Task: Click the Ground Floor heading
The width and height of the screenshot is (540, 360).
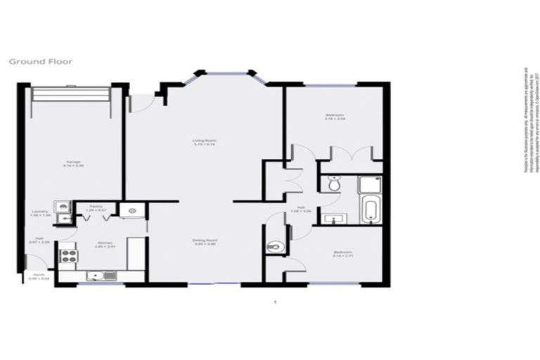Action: pyautogui.click(x=40, y=61)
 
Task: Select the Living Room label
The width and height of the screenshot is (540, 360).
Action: pyautogui.click(x=203, y=143)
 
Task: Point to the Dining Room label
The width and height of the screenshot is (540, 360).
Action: pyautogui.click(x=203, y=243)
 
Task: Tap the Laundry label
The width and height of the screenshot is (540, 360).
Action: pyautogui.click(x=39, y=213)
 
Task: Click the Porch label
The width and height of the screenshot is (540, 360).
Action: pyautogui.click(x=34, y=277)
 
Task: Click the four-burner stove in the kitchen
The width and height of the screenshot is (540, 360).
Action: pyautogui.click(x=68, y=256)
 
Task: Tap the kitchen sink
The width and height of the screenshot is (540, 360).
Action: pyautogui.click(x=96, y=276)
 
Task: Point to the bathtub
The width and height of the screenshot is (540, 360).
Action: pyautogui.click(x=370, y=210)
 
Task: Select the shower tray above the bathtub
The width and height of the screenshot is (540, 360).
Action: pyautogui.click(x=370, y=185)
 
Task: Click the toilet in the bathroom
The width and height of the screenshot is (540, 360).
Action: pyautogui.click(x=333, y=184)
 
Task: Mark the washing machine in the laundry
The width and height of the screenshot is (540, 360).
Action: pyautogui.click(x=64, y=206)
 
